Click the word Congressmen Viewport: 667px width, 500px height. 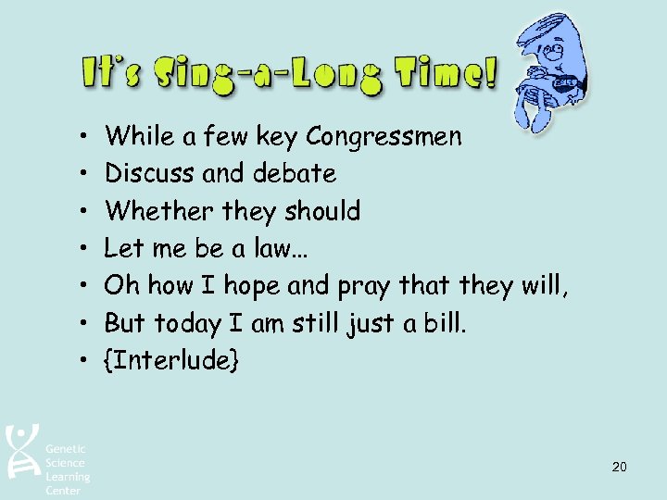click(x=384, y=137)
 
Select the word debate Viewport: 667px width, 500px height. click(x=296, y=173)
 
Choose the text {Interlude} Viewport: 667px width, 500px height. click(x=172, y=359)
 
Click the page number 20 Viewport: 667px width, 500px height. click(x=619, y=467)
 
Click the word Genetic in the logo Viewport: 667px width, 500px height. click(x=65, y=449)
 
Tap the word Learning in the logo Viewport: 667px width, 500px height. click(x=69, y=477)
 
